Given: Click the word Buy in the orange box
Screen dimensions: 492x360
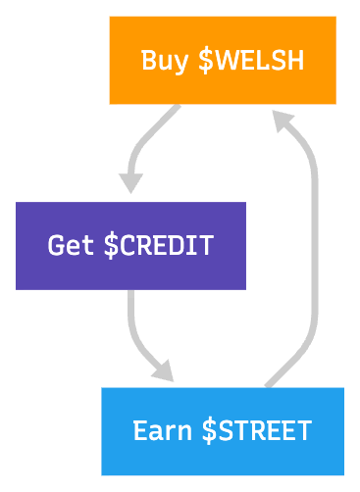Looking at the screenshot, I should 164,61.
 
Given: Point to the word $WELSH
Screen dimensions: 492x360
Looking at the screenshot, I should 251,61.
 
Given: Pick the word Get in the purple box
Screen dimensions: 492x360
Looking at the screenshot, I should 71,245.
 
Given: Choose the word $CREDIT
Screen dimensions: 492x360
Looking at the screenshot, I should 158,245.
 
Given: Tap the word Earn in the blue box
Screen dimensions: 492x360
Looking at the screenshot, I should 162,430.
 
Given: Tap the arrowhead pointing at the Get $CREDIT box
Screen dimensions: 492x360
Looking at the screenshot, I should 131,182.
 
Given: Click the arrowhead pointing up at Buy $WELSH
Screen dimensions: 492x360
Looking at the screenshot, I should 283,121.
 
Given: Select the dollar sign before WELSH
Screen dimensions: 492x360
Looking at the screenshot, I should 205,61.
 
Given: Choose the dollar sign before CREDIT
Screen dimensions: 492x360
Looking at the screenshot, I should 111,245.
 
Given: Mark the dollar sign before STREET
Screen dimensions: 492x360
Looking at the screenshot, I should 209,430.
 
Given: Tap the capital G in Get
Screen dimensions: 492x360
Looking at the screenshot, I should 57,245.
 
